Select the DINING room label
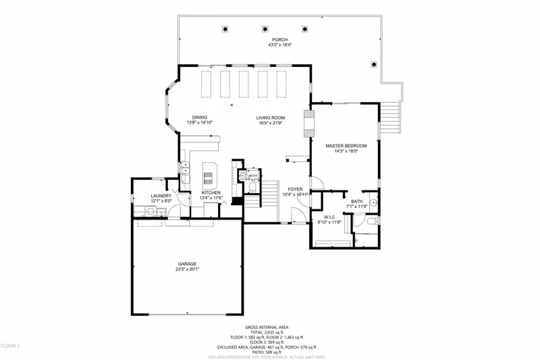199,117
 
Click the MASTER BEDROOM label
346,146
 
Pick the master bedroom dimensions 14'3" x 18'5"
346,151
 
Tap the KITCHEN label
211,192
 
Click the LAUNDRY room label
161,196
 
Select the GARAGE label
187,263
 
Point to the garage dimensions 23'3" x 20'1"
187,269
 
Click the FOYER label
295,189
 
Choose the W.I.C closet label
330,217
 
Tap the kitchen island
209,174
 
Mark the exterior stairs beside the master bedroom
389,120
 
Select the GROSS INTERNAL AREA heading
270,326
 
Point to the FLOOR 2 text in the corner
10,346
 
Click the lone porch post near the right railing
373,64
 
